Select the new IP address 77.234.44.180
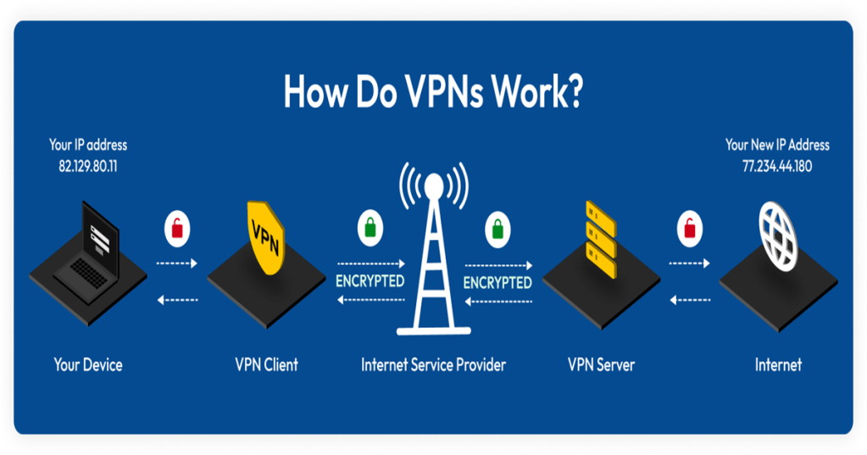(x=776, y=166)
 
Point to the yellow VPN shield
(x=264, y=236)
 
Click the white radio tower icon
(x=434, y=254)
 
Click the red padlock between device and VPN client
(x=177, y=228)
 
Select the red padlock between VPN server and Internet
(x=689, y=228)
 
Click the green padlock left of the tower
(x=369, y=228)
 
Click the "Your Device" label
(x=88, y=365)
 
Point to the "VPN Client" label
(x=266, y=365)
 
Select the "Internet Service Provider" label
(x=433, y=365)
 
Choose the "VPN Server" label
(x=600, y=365)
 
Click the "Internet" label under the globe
(x=778, y=365)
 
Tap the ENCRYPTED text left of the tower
(x=370, y=281)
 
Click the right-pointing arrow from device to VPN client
(x=177, y=263)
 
